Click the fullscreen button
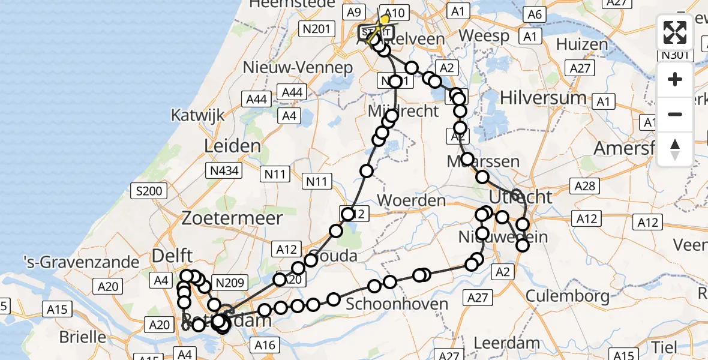(675, 33)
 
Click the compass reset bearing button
(675, 149)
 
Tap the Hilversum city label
(543, 97)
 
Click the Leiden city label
(232, 146)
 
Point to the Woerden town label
(412, 200)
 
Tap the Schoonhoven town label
(405, 304)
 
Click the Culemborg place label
(568, 295)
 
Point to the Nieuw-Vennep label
(298, 68)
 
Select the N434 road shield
(225, 172)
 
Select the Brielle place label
(82, 337)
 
